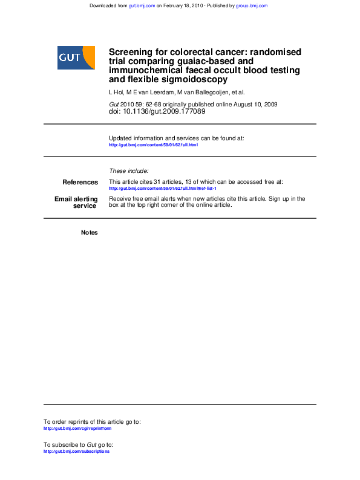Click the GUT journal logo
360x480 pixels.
pos(76,57)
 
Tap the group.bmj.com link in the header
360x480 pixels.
pos(252,5)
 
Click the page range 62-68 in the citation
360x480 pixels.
pos(153,105)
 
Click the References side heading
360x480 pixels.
pos(80,182)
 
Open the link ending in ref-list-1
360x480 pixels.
pos(162,188)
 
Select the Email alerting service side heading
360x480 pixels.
pos(76,203)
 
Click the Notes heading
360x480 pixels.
pos(89,233)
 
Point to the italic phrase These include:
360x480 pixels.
pos(128,171)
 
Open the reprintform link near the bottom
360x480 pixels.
pos(77,428)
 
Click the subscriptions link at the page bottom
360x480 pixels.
pos(76,452)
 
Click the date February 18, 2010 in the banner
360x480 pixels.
pos(188,5)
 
